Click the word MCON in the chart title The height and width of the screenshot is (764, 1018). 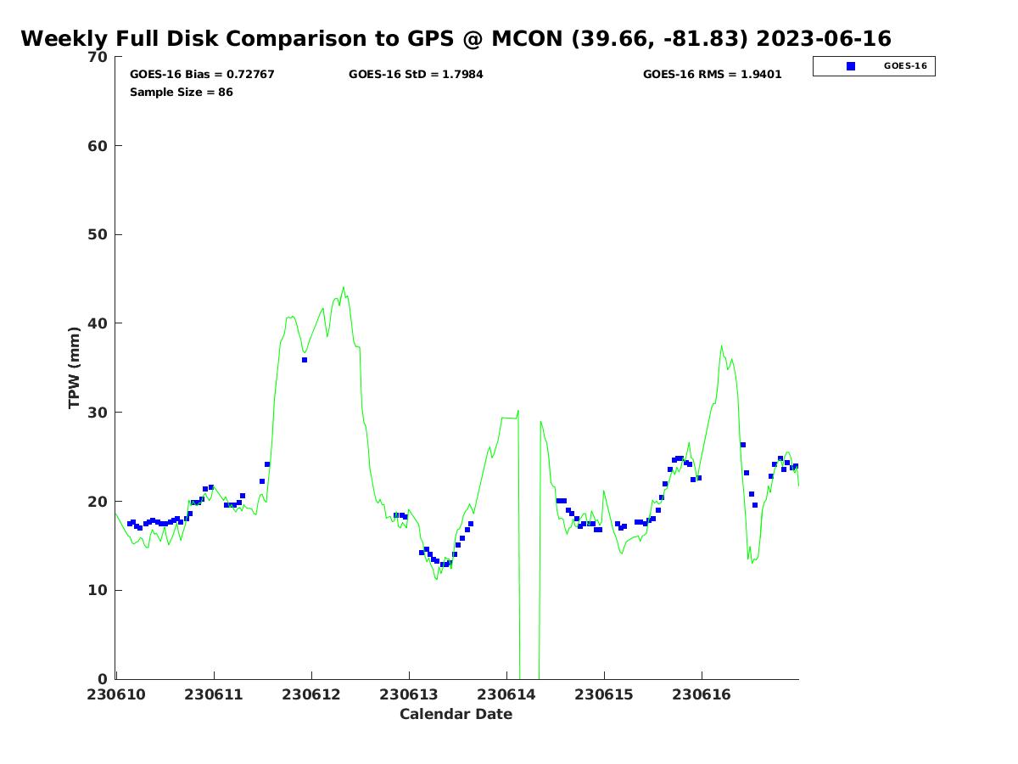[527, 38]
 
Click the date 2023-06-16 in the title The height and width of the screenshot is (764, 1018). [823, 38]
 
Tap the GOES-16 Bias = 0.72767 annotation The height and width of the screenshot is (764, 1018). [202, 74]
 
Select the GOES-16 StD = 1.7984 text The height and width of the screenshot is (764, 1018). [416, 74]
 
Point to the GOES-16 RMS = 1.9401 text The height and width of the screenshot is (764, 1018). [712, 74]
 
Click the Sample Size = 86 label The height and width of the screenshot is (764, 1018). [182, 92]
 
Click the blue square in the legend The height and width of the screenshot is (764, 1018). [851, 66]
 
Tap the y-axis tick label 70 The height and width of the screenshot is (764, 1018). [98, 57]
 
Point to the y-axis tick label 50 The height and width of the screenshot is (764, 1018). [98, 235]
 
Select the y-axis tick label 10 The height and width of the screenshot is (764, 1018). [98, 590]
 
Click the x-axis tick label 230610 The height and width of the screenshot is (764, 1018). [116, 694]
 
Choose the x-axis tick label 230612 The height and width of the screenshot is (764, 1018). [311, 694]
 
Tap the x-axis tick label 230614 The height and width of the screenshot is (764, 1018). [506, 694]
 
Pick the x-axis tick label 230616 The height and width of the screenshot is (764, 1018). [702, 694]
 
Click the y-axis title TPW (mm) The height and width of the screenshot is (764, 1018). [74, 368]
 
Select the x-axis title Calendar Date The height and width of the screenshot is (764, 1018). [456, 714]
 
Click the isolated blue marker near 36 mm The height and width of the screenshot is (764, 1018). [305, 360]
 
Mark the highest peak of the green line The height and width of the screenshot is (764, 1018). [344, 287]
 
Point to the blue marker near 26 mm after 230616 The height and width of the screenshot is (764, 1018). [743, 445]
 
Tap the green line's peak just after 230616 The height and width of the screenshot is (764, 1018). [721, 346]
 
